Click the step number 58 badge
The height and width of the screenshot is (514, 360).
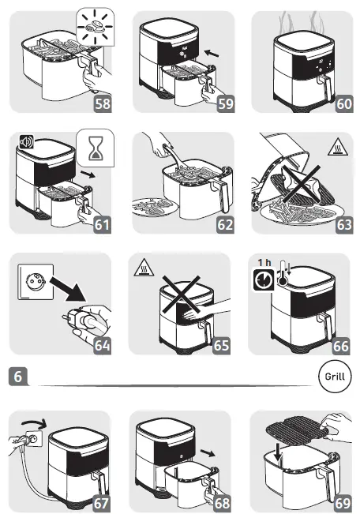point(103,103)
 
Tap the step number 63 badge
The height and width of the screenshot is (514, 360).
point(344,225)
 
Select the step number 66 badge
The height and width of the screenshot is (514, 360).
point(341,346)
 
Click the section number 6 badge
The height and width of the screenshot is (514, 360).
point(18,377)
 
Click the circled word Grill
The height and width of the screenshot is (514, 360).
point(335,377)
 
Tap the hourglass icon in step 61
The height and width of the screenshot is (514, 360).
point(96,148)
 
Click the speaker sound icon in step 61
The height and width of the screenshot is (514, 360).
point(26,142)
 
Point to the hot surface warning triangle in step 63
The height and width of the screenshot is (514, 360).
point(337,147)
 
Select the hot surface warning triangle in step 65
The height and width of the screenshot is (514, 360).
point(144,268)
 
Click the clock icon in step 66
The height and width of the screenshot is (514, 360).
point(264,280)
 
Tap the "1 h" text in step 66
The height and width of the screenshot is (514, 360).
point(264,263)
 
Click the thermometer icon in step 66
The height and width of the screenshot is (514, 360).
point(283,275)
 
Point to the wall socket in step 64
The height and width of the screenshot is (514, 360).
point(36,282)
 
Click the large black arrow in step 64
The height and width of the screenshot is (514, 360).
point(68,289)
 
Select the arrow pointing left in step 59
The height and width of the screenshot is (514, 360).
point(212,53)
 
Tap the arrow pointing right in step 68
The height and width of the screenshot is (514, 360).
point(208,453)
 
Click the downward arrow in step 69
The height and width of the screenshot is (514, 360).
point(279,452)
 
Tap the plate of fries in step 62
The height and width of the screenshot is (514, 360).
point(151,208)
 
